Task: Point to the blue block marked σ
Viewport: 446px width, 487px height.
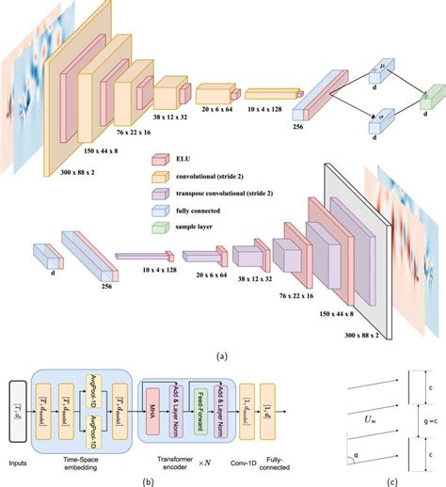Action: point(382,122)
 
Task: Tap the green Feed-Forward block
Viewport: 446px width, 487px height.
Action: point(199,411)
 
